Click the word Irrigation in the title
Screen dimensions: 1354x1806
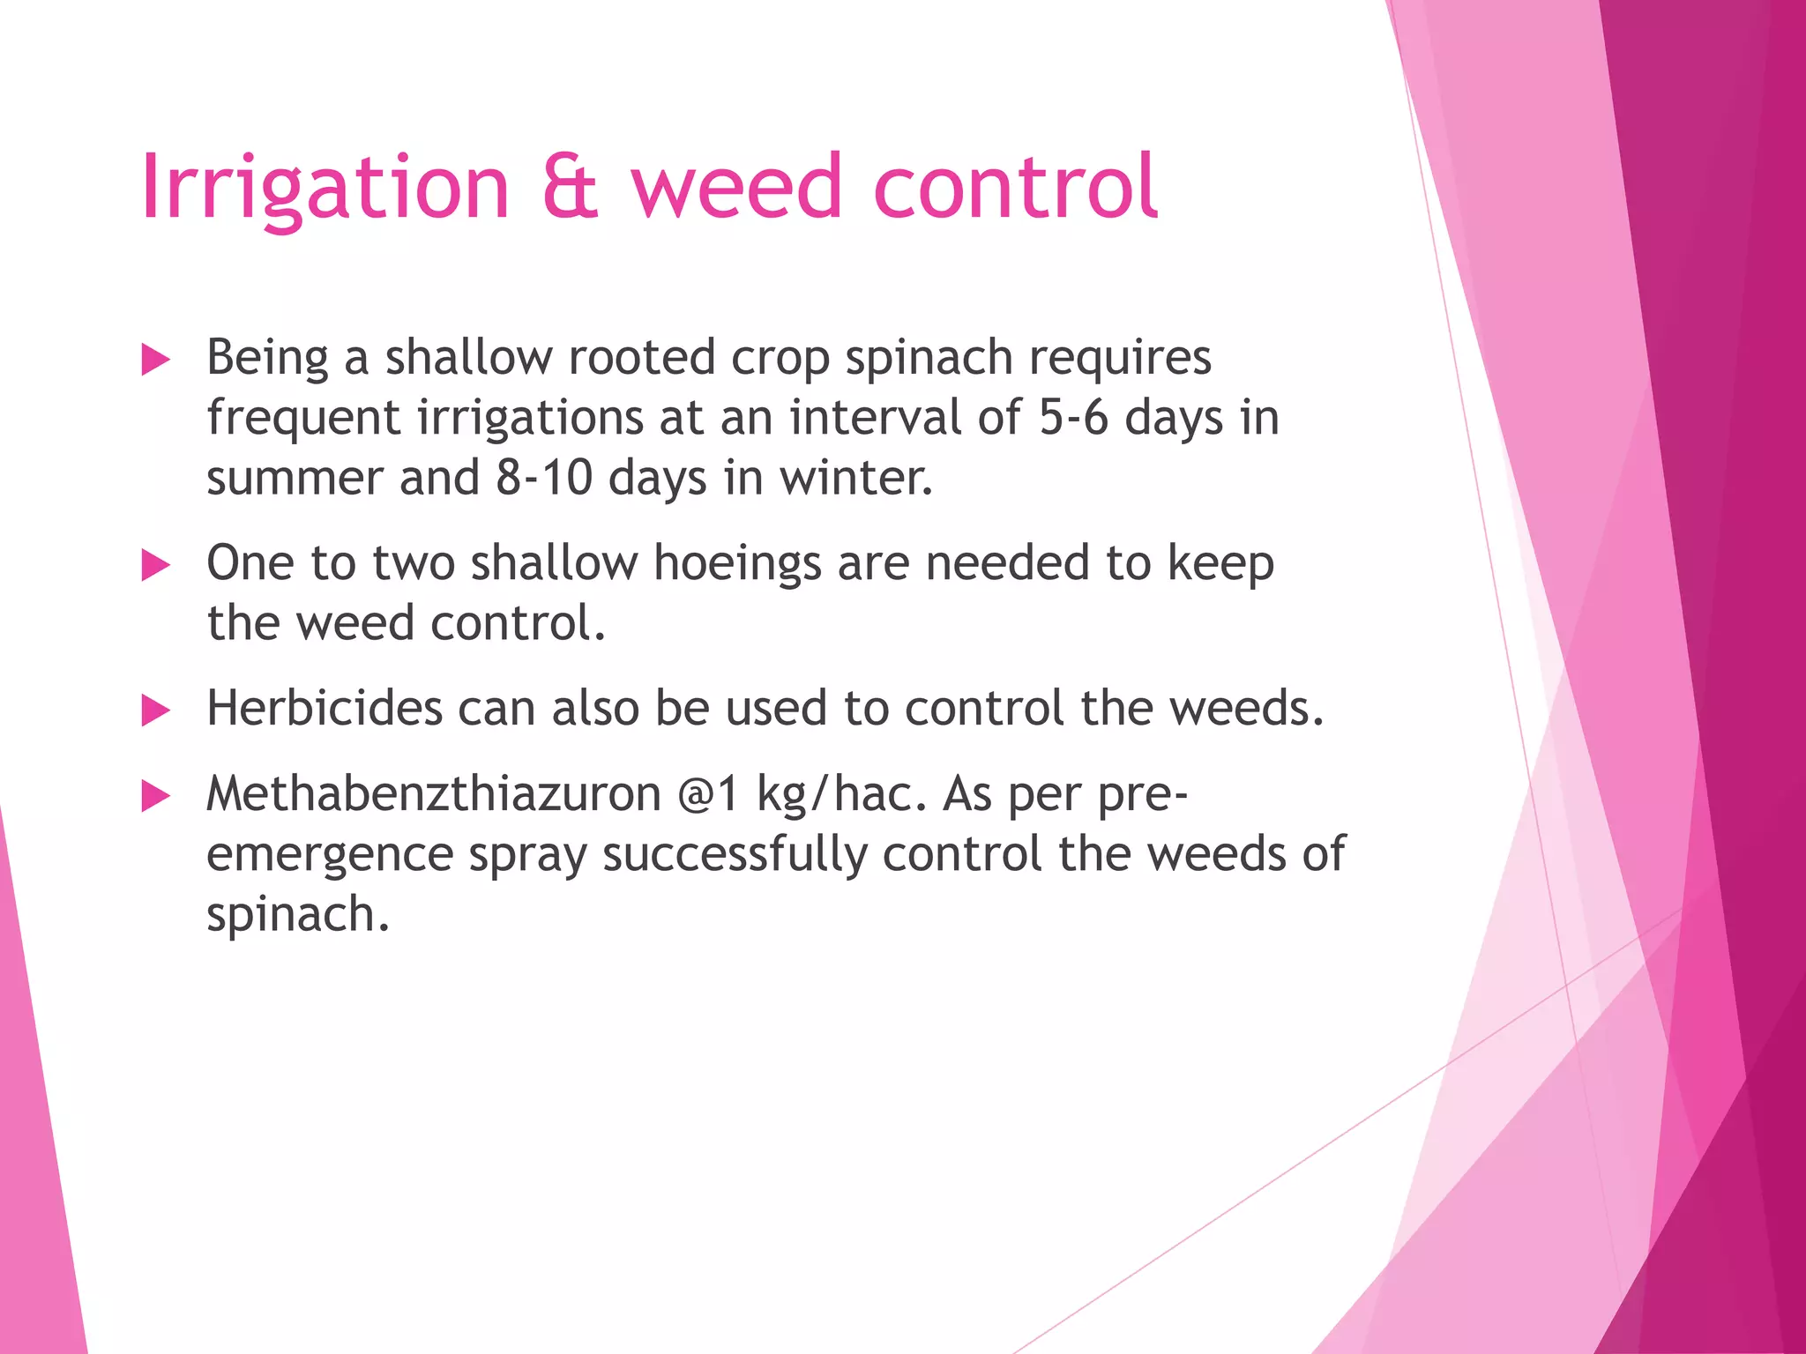(x=325, y=188)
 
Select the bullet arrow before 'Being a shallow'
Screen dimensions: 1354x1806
(x=155, y=361)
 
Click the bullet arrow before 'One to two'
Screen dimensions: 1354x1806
(x=155, y=566)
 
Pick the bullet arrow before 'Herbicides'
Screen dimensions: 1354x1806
(x=155, y=710)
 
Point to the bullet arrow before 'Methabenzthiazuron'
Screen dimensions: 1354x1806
(x=155, y=797)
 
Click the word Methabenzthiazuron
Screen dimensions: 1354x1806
(x=433, y=794)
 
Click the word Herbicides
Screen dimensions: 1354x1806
(x=324, y=708)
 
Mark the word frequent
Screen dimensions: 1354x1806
(x=303, y=419)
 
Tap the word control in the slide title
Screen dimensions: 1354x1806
(x=1014, y=188)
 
